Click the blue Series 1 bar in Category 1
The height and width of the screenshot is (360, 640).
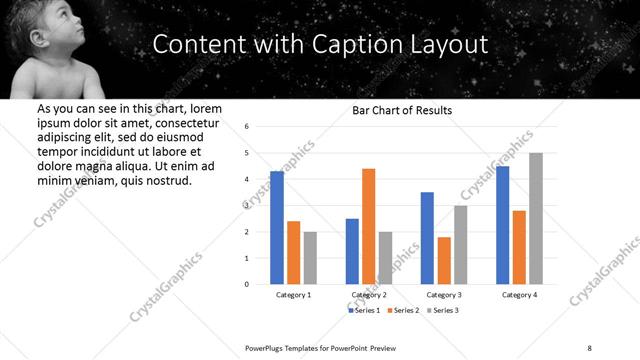[277, 227]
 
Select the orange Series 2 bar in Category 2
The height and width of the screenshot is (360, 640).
[368, 226]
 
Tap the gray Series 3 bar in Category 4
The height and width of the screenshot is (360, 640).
[536, 218]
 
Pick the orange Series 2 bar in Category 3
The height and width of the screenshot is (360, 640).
[444, 260]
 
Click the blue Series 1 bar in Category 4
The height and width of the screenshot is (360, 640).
[502, 225]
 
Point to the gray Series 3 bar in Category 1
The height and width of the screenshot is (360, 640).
[310, 257]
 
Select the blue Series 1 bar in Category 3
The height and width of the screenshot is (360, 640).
[427, 238]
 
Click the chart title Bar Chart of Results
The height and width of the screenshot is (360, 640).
[403, 110]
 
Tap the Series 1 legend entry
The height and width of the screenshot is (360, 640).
[363, 311]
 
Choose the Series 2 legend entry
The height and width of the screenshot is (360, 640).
[403, 311]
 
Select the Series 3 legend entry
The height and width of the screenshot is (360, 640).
[443, 311]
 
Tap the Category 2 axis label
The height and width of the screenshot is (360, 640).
[369, 295]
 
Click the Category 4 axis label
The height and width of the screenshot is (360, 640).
[519, 295]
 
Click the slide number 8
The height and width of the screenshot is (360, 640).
[590, 346]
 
